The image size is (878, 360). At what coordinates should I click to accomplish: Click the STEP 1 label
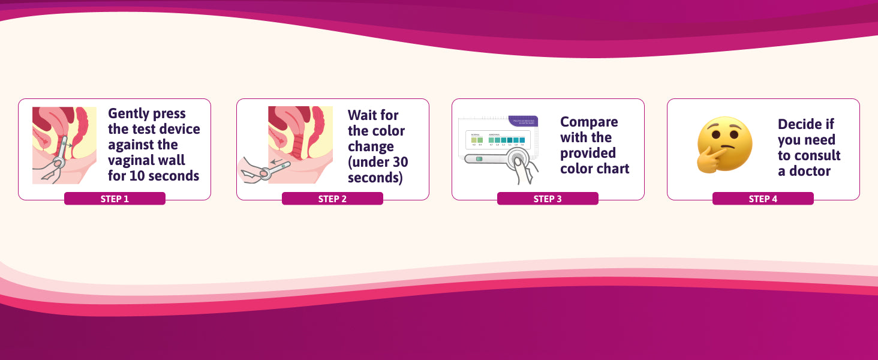(x=115, y=199)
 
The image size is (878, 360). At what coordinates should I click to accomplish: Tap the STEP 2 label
(x=332, y=199)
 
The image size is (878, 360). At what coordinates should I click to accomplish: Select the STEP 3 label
(x=548, y=199)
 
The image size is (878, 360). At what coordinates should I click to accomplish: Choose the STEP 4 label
(x=763, y=199)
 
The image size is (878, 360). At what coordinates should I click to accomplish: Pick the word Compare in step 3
(x=589, y=122)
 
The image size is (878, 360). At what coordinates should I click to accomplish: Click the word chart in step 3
(x=612, y=169)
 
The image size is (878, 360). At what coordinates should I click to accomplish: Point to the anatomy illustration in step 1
(x=64, y=145)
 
